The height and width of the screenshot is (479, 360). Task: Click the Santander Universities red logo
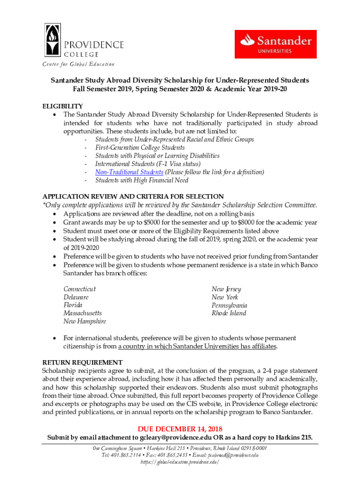(275, 44)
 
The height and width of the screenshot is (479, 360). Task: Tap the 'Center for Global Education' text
(79, 64)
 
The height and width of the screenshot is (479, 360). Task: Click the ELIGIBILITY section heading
(63, 106)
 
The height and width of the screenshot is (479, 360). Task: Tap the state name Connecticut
(79, 290)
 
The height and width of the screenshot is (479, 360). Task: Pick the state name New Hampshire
(85, 321)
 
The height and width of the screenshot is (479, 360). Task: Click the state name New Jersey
(226, 290)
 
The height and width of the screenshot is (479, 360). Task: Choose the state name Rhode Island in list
(229, 313)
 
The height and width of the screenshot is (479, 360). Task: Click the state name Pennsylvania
(230, 305)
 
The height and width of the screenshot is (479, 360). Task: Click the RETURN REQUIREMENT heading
(82, 363)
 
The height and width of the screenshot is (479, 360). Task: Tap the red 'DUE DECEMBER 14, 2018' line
(180, 429)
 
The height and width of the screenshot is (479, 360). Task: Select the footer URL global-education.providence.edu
(180, 462)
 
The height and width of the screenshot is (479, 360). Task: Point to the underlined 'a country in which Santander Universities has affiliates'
(197, 347)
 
